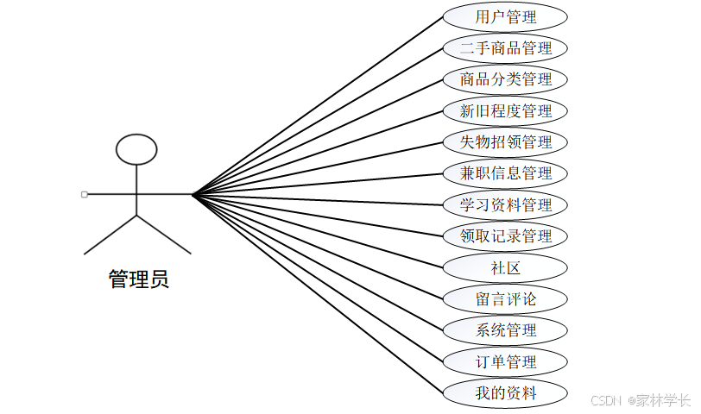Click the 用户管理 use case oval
[x=505, y=16]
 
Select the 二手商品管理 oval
[x=505, y=47]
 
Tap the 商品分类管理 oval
[x=505, y=79]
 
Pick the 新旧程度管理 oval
[x=505, y=110]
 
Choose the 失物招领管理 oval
[x=505, y=141]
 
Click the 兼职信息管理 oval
[x=505, y=172]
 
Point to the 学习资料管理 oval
[x=505, y=204]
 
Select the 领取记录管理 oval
[x=505, y=235]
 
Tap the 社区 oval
[x=505, y=267]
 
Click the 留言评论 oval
[x=505, y=298]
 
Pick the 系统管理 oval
[x=505, y=329]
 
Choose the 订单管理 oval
[x=505, y=361]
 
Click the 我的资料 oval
[x=505, y=392]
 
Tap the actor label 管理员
[x=138, y=279]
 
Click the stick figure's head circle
[x=136, y=149]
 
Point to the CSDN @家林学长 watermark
[x=641, y=400]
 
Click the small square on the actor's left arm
[x=84, y=194]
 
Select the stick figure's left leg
[x=111, y=235]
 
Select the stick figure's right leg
[x=163, y=235]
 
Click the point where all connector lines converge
[x=192, y=195]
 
